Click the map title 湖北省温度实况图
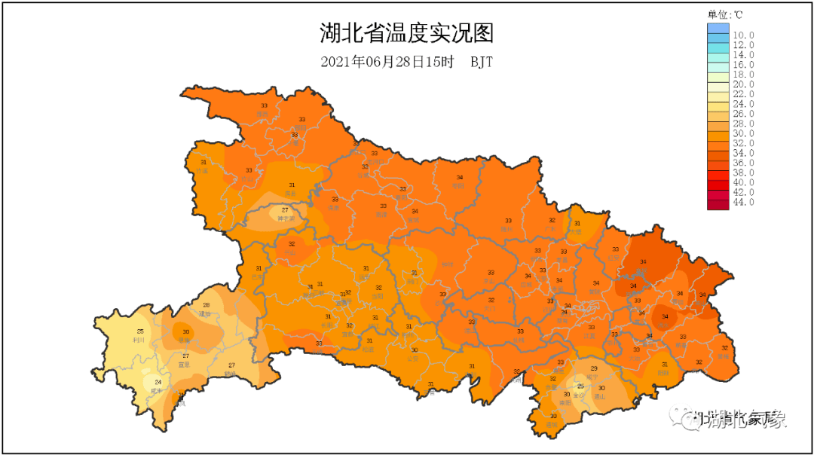[406, 34]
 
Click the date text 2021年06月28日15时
[387, 63]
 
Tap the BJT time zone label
[482, 63]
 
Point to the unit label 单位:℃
[725, 14]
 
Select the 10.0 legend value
[743, 35]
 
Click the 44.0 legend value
[743, 202]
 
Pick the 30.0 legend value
[743, 133]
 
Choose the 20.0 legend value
[743, 84]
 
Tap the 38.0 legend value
[743, 173]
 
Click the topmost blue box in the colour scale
[718, 29]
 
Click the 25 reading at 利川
[140, 332]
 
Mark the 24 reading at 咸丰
[158, 383]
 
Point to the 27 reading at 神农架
[285, 210]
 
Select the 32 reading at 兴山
[292, 244]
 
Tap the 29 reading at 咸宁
[594, 368]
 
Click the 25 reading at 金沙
[580, 386]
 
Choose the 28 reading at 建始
[206, 305]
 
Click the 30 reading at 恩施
[185, 332]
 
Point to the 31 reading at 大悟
[577, 224]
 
